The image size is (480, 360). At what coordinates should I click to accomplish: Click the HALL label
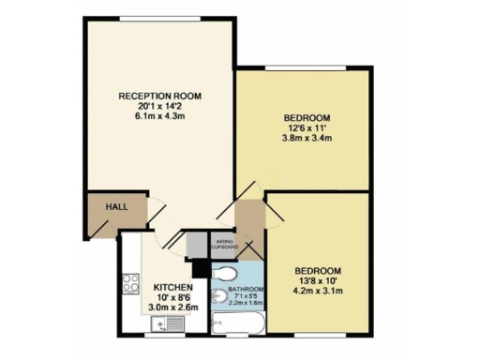pyautogui.click(x=117, y=207)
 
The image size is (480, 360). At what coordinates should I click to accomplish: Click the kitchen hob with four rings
pyautogui.click(x=131, y=282)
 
